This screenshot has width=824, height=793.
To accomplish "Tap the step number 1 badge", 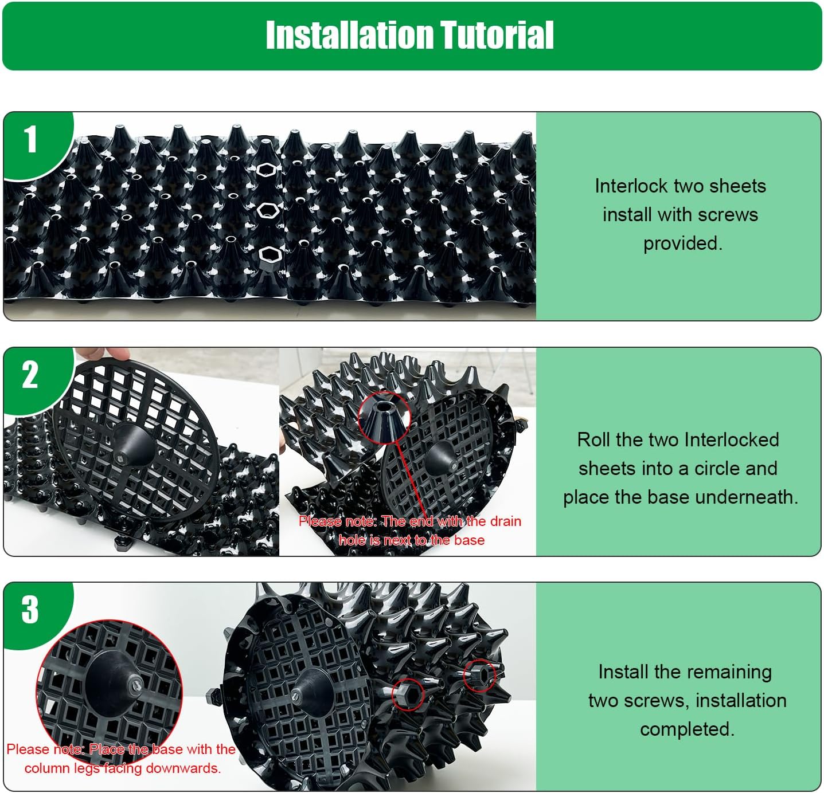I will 30,140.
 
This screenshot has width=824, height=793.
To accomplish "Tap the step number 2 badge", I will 30,375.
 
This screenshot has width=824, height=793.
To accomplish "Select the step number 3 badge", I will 30,610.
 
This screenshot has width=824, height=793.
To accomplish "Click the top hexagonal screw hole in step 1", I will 267,170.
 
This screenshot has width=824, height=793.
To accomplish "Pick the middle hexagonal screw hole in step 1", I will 267,211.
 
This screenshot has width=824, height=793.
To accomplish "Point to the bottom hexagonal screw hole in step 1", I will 268,253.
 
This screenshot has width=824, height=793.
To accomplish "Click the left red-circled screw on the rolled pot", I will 408,693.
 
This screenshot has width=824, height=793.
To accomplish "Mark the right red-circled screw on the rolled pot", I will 479,675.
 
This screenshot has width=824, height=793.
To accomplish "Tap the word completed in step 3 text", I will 687,729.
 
